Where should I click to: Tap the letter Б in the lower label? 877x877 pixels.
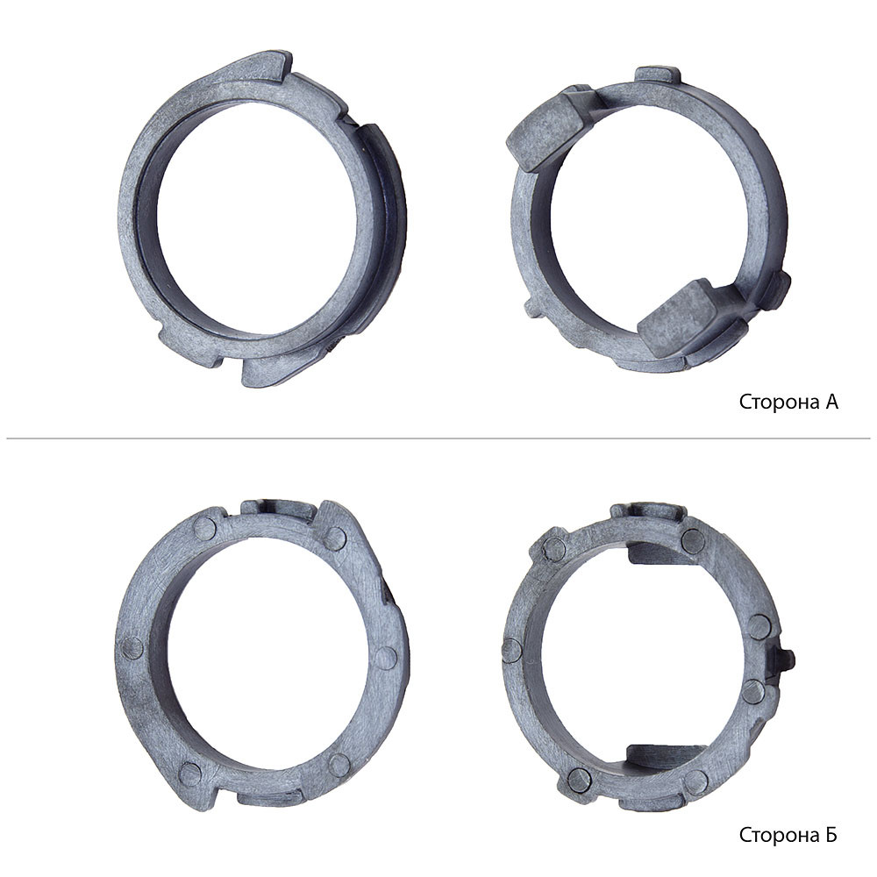click(831, 835)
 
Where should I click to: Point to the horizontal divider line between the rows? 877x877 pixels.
click(438, 438)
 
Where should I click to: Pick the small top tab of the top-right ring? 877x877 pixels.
click(659, 75)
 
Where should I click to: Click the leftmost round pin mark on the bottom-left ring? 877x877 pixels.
click(132, 648)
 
